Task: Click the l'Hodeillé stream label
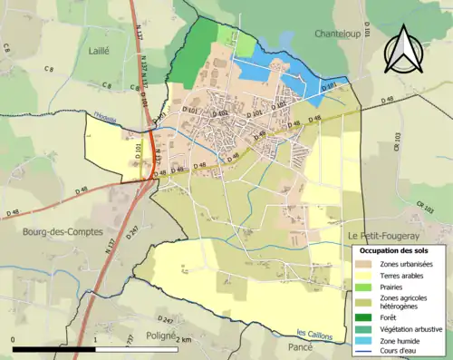(109, 115)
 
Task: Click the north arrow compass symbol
(404, 49)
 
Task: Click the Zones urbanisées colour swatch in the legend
(365, 263)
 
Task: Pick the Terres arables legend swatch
(365, 275)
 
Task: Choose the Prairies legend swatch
(365, 287)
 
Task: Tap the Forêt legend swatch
(365, 316)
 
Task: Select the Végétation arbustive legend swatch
(365, 328)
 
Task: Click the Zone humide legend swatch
(365, 340)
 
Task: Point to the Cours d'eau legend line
(365, 352)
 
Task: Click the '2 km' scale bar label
(183, 340)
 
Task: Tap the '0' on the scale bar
(14, 340)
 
